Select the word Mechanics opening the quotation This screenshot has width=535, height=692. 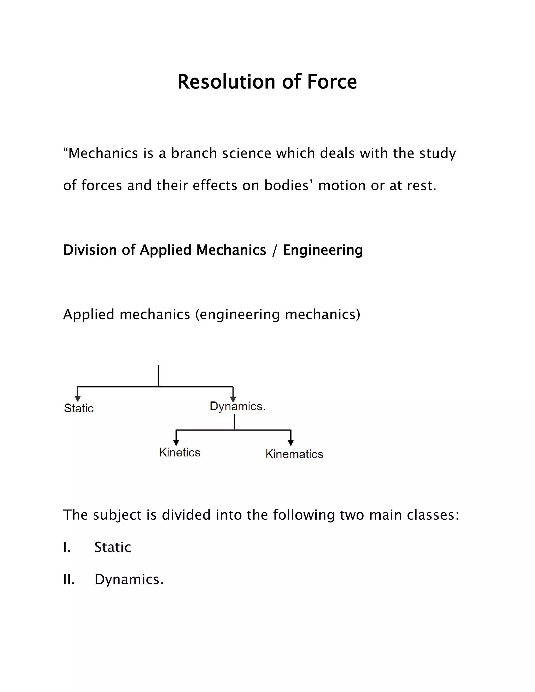tap(103, 153)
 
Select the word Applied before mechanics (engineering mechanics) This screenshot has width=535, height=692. tap(89, 315)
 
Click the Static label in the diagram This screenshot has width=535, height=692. tap(79, 408)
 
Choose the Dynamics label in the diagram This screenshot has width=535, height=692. tap(237, 406)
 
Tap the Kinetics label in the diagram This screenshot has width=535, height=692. tap(180, 452)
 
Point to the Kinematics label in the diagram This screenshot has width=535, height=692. tap(294, 454)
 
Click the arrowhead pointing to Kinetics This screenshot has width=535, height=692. tap(176, 443)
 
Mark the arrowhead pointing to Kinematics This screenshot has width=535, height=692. tap(291, 443)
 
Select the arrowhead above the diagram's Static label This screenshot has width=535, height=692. tap(78, 398)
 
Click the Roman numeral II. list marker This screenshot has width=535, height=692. tap(69, 579)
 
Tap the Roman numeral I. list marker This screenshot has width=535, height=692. tap(67, 547)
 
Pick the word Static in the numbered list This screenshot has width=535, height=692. tap(113, 547)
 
